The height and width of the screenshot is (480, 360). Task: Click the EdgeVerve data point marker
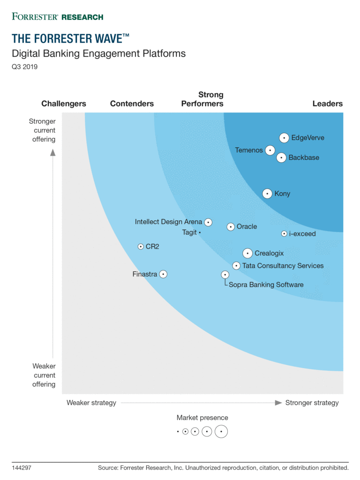click(x=284, y=138)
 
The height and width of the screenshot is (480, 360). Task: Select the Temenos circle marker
click(x=270, y=150)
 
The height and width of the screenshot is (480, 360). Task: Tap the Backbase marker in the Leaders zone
click(x=281, y=157)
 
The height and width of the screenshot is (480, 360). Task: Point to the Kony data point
click(x=267, y=193)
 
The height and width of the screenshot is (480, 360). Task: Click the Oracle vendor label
click(x=247, y=226)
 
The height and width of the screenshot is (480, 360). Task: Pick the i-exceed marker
click(x=284, y=233)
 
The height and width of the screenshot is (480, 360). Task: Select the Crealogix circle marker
click(x=247, y=253)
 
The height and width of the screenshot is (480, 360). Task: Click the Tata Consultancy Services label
click(x=283, y=266)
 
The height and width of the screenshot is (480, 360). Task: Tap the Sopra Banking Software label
click(x=266, y=285)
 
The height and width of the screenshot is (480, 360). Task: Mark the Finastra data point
click(x=163, y=274)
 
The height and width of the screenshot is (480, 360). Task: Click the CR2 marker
click(x=141, y=246)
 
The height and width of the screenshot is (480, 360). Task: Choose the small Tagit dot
click(x=200, y=232)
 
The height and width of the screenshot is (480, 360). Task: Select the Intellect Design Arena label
click(x=169, y=222)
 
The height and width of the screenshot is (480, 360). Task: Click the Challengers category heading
click(x=64, y=104)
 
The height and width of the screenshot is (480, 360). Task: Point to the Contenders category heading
click(x=132, y=104)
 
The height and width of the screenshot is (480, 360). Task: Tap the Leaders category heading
click(x=328, y=104)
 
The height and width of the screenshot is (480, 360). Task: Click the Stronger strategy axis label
click(x=312, y=403)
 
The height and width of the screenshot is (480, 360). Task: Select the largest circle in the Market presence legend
click(x=221, y=431)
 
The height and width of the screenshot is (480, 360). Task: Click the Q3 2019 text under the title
click(x=24, y=67)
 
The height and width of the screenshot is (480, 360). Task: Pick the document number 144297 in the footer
click(x=22, y=467)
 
